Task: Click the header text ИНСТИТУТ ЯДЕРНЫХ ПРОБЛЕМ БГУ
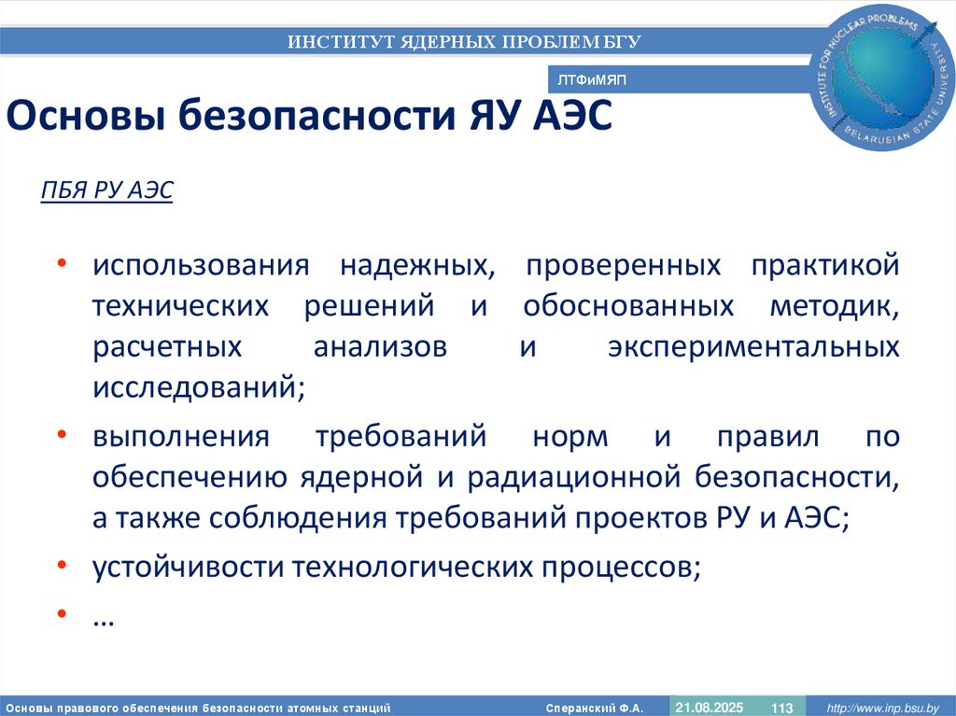463,42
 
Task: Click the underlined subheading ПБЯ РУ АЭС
106,190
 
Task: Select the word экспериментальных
753,347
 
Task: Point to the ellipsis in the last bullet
103,619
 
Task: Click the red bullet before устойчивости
61,565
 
